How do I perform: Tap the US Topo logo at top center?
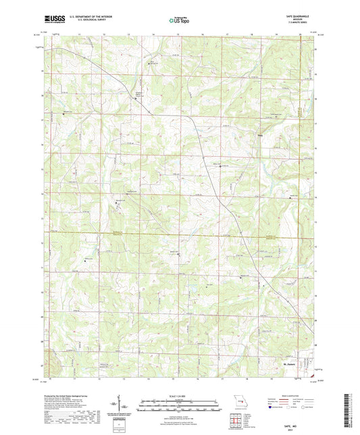point(180,21)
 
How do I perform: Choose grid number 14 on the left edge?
point(44,195)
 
